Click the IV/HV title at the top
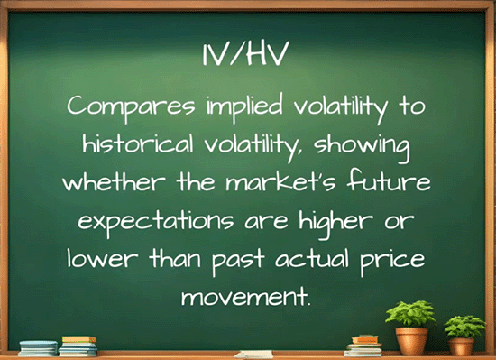point(248,56)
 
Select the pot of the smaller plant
point(462,346)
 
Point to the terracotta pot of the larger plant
point(411,340)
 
